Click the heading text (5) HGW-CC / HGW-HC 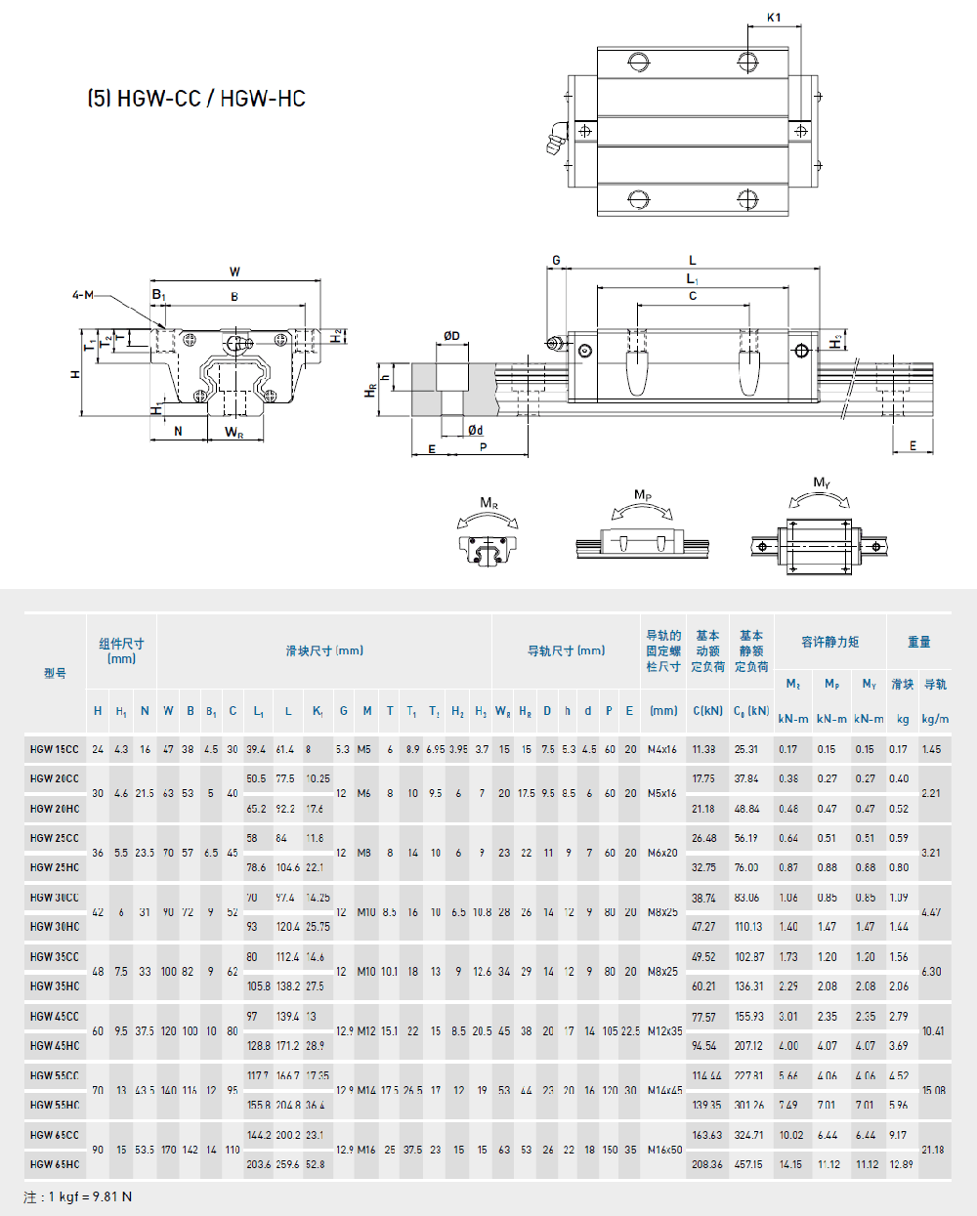tap(196, 99)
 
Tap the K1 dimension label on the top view tap(774, 18)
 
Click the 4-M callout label tap(82, 295)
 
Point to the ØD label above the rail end tap(451, 336)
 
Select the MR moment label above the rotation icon tap(488, 503)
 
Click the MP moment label tap(642, 495)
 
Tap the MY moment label tap(822, 482)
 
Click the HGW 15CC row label tap(54, 750)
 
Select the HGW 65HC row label tap(55, 1164)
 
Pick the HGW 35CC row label tap(55, 957)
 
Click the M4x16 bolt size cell tap(662, 750)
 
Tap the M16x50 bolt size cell tap(663, 1150)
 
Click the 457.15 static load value tap(749, 1164)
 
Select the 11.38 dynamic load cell tap(703, 750)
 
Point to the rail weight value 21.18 tap(933, 1150)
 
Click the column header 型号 tap(55, 673)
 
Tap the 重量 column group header tap(919, 642)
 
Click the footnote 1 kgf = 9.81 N tap(78, 1196)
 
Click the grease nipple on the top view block tap(556, 139)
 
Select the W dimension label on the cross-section tap(234, 273)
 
